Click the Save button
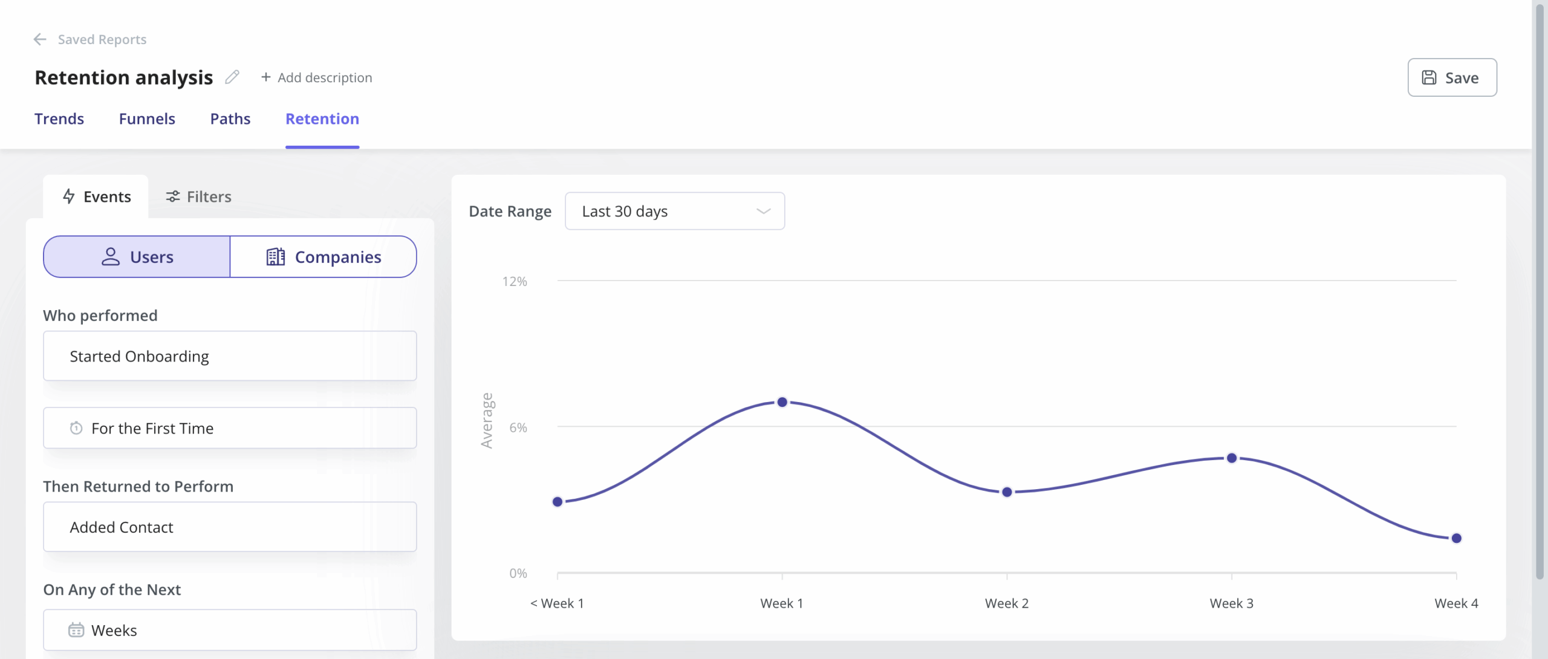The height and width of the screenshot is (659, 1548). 1452,77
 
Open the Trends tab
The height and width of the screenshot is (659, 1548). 59,118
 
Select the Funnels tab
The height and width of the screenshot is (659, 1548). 147,118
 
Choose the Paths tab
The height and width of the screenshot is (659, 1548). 230,118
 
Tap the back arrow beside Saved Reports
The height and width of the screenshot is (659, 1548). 40,39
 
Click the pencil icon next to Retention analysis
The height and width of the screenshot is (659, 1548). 232,77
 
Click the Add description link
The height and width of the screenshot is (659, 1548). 317,77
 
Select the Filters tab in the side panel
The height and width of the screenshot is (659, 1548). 199,196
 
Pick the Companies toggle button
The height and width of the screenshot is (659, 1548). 324,257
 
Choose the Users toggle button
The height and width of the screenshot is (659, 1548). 137,257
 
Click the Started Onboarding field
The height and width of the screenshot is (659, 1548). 230,356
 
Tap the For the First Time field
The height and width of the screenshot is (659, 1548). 230,428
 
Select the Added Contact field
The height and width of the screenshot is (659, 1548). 230,527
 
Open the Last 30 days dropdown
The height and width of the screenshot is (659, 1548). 675,211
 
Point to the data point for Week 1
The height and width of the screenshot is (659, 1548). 782,402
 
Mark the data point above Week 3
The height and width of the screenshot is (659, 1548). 1232,458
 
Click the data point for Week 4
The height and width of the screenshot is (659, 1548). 1457,538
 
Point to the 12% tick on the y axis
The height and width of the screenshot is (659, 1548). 515,281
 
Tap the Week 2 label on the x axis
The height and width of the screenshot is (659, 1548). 1007,603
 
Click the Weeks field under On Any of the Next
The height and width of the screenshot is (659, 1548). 230,630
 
